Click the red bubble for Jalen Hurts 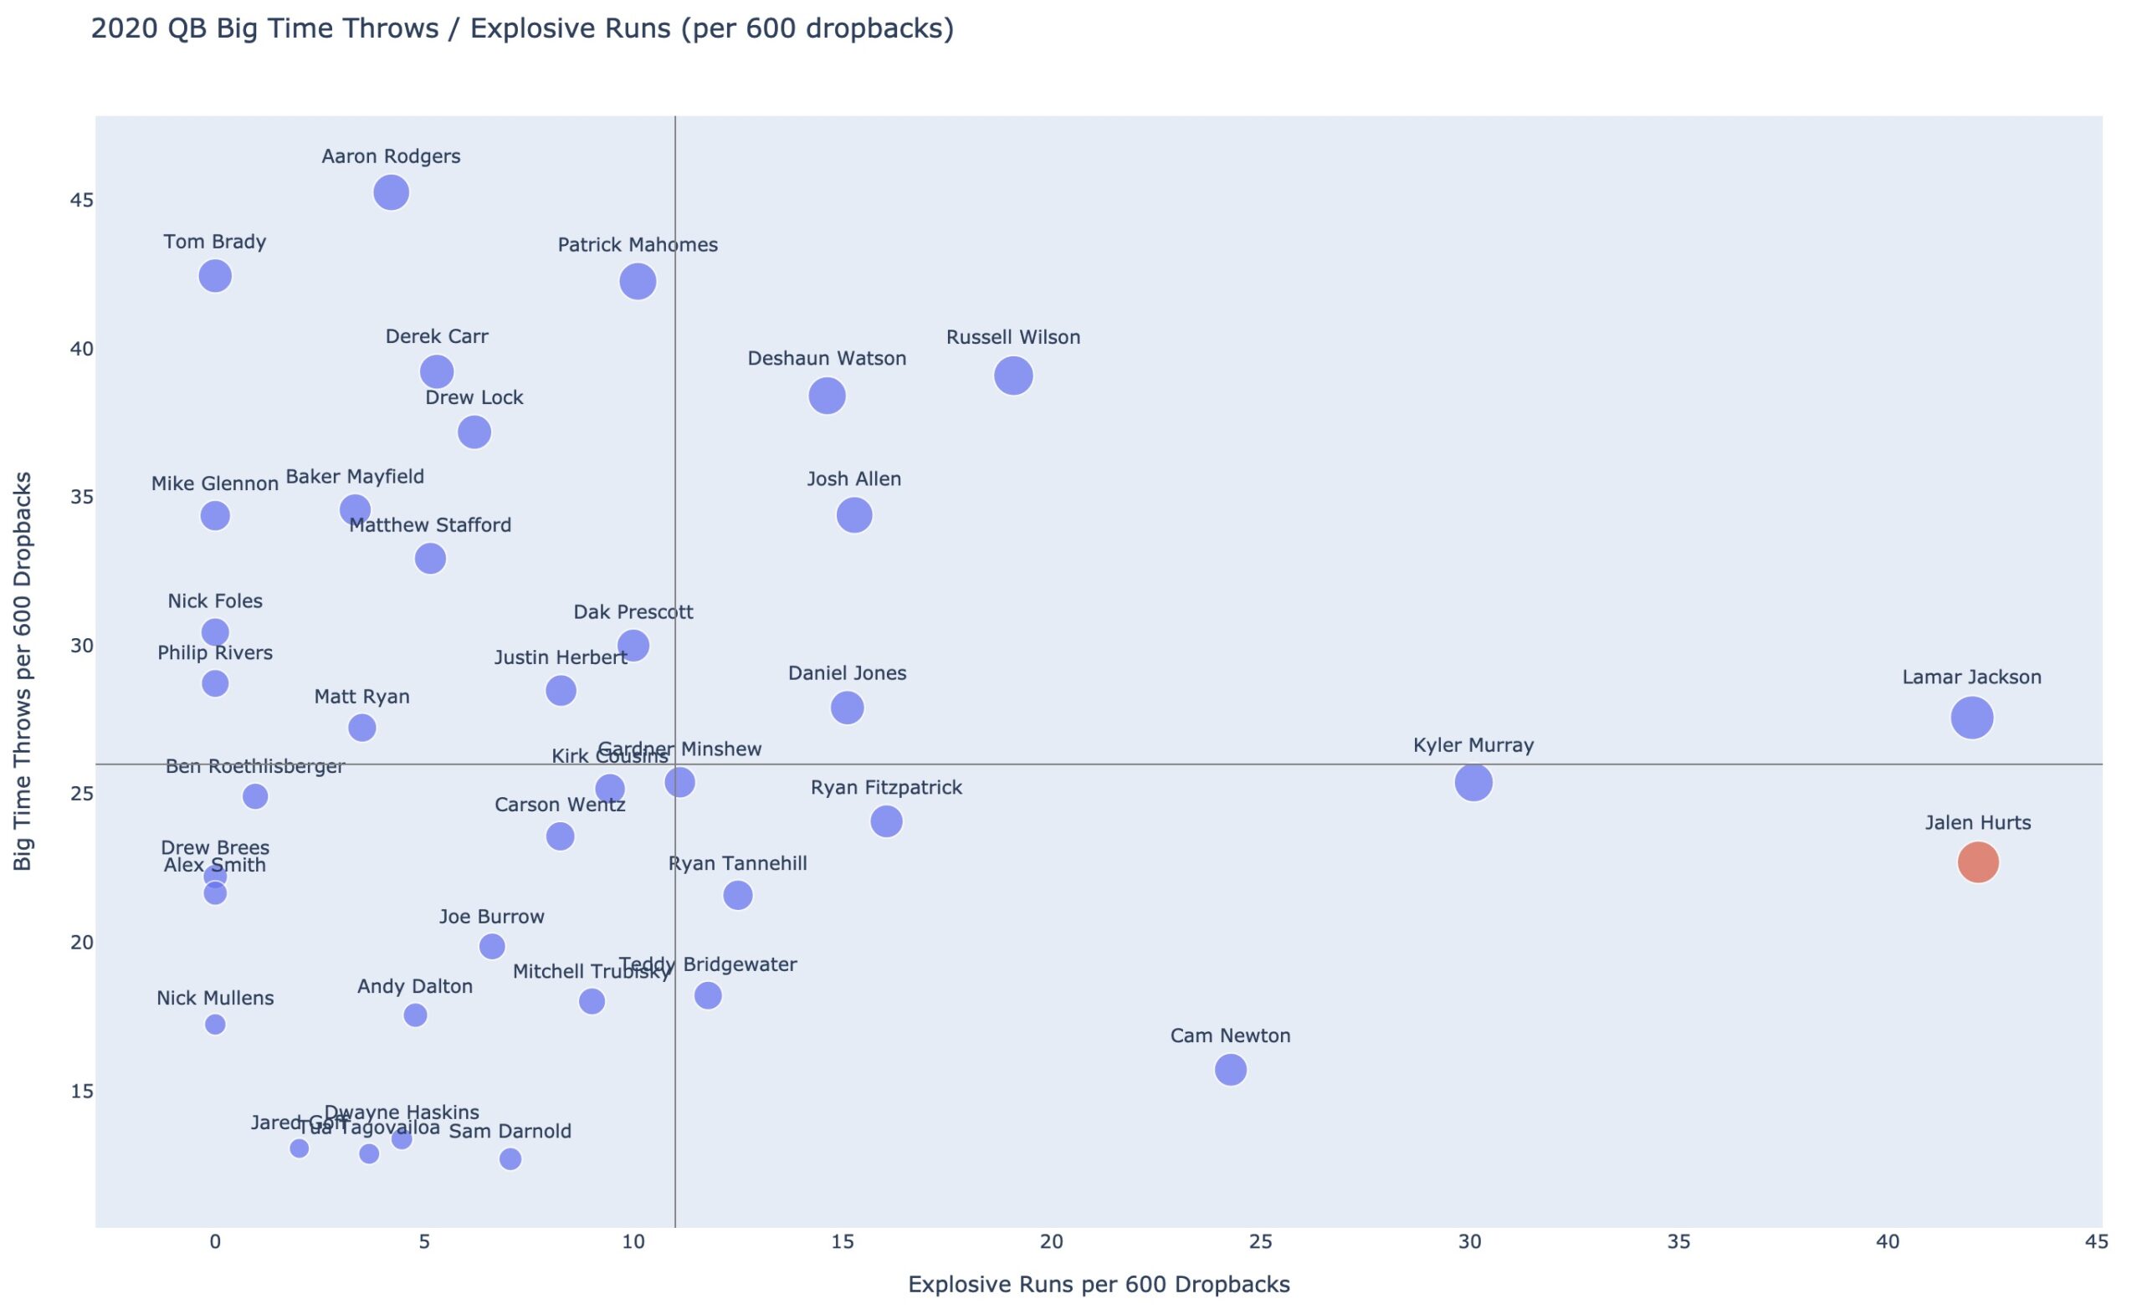tap(1978, 862)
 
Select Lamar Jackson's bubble tap(1971, 718)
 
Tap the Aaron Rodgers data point tap(392, 192)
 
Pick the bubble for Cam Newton tap(1230, 1069)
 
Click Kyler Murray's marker tap(1473, 782)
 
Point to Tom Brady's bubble tap(215, 276)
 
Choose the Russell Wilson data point tap(1013, 376)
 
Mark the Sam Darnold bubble tap(510, 1159)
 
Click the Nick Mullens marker tap(215, 1025)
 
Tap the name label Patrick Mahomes tap(638, 245)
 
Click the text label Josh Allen tap(853, 479)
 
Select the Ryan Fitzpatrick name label tap(886, 787)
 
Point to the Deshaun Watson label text tap(827, 358)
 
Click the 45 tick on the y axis tap(82, 201)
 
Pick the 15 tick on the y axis tap(82, 1091)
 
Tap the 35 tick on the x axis tap(1678, 1243)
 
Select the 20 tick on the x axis tap(1051, 1243)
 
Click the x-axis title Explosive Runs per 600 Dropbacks tap(1099, 1285)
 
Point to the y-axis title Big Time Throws tap(23, 671)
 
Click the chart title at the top tap(522, 28)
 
